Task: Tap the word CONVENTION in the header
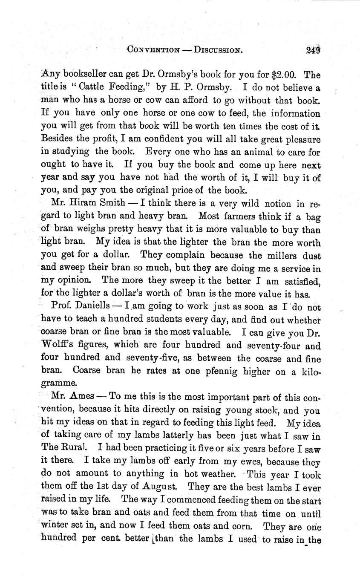(x=153, y=50)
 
